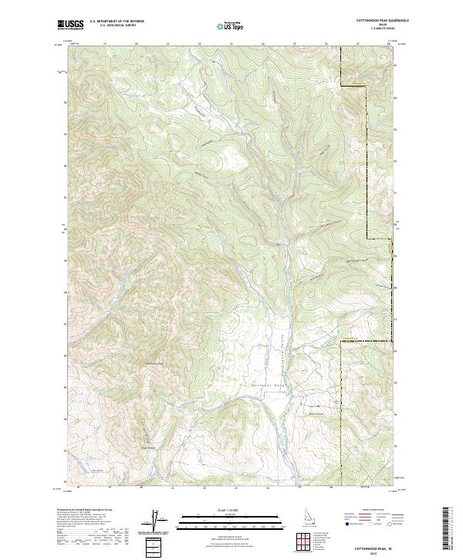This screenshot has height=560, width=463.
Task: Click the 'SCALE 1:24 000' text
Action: (231, 510)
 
